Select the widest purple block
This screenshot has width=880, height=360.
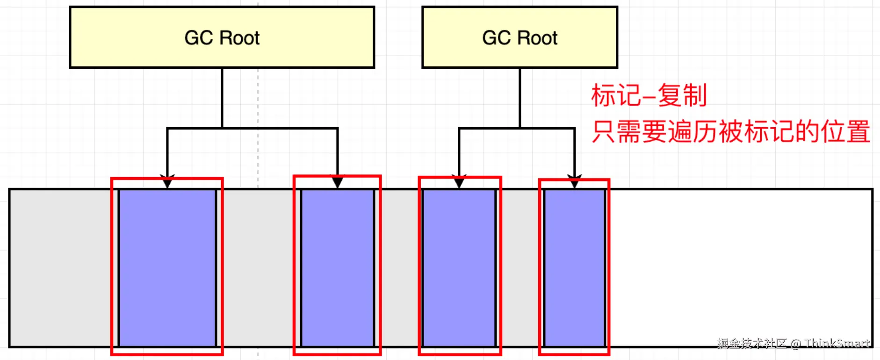[x=167, y=268]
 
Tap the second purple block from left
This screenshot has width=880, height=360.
[x=337, y=268]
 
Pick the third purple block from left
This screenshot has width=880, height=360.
[x=459, y=268]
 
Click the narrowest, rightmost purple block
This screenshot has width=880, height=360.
[x=575, y=268]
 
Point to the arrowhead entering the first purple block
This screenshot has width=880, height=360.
[x=167, y=182]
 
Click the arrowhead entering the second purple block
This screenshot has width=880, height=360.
[x=338, y=181]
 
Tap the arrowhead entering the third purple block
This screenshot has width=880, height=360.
[x=459, y=182]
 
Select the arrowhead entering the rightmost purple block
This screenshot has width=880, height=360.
[x=575, y=182]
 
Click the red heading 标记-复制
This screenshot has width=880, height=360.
[x=649, y=95]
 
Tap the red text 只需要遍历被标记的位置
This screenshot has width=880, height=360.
[x=730, y=131]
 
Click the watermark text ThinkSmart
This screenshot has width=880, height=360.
[x=837, y=344]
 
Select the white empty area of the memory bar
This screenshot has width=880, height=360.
[x=739, y=268]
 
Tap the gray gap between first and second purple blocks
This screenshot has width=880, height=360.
[x=258, y=268]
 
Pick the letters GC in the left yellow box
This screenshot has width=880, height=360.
[x=199, y=38]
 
